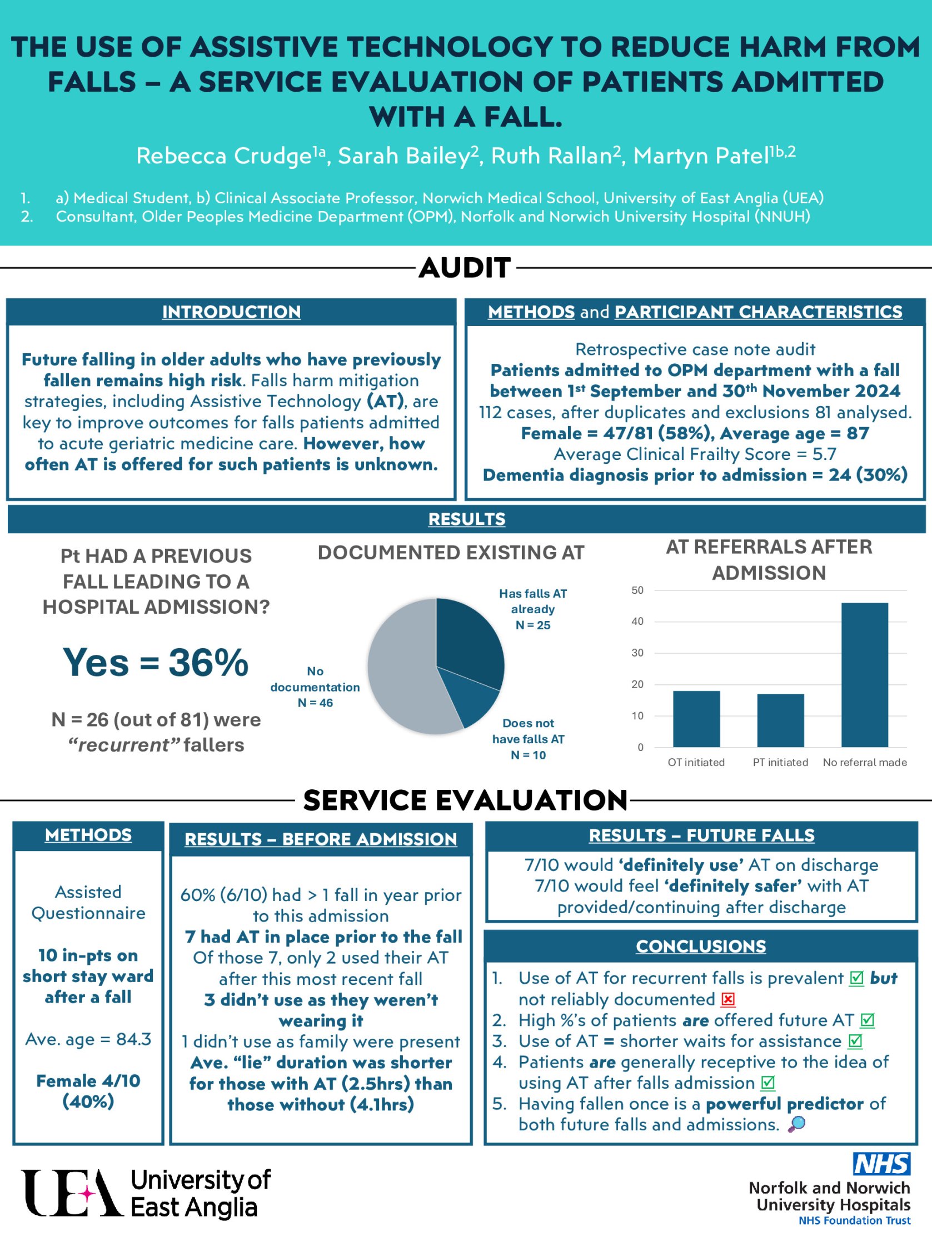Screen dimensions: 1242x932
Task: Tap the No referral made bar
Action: (865, 675)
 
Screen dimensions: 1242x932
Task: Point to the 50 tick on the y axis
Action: (637, 590)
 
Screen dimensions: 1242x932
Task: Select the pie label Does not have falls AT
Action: (528, 739)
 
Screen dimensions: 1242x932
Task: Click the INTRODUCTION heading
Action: (231, 312)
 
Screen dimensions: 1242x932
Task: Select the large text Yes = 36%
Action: (155, 662)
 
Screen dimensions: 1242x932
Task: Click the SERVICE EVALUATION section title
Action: (465, 800)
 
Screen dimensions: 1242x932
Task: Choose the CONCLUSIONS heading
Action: (701, 946)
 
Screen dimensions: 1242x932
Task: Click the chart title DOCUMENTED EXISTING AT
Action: (451, 553)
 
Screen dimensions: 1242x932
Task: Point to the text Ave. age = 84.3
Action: (88, 1039)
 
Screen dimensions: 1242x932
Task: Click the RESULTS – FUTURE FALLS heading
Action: (701, 835)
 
